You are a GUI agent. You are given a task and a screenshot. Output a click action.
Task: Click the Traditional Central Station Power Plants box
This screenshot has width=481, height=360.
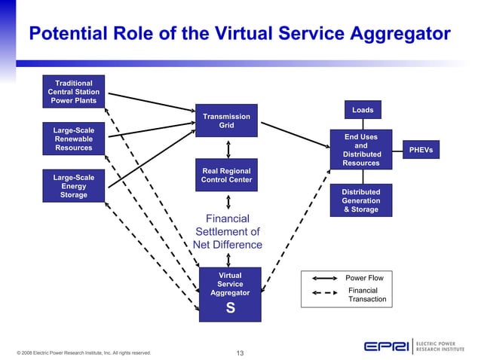coord(74,92)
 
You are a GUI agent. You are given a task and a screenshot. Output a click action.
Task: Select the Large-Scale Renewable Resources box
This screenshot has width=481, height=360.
coord(74,139)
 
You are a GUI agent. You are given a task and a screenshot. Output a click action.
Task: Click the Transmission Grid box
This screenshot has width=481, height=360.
coord(226,121)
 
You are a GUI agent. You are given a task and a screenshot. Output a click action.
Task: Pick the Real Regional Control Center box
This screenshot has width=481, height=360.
coord(226,175)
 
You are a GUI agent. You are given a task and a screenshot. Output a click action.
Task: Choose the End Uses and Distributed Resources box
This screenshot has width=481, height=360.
coord(361,150)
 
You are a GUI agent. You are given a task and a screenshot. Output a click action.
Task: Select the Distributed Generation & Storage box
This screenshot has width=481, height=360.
coord(361,200)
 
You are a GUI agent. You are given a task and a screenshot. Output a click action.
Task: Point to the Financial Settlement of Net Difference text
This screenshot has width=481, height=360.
coord(227,232)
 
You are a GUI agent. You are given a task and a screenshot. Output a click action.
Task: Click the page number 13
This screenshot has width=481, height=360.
coord(240,352)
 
